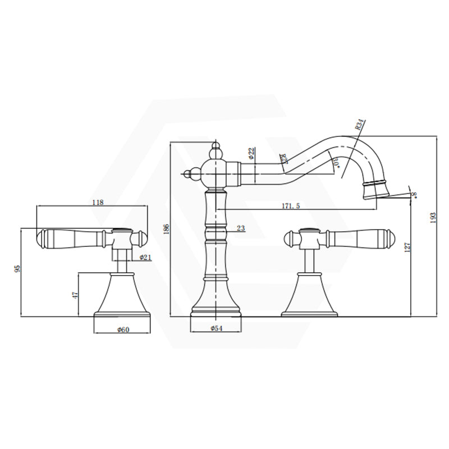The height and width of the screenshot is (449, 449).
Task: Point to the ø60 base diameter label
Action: point(123,329)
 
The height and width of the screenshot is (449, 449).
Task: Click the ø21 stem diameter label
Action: point(146,257)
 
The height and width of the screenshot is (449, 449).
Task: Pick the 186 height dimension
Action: point(167,229)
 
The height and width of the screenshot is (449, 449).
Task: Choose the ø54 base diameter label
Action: point(217,328)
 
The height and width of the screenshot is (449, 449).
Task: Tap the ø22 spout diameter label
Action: point(251,152)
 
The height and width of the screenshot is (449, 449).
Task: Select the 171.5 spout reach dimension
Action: point(291,206)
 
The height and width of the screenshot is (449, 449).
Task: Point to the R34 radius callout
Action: point(360,124)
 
